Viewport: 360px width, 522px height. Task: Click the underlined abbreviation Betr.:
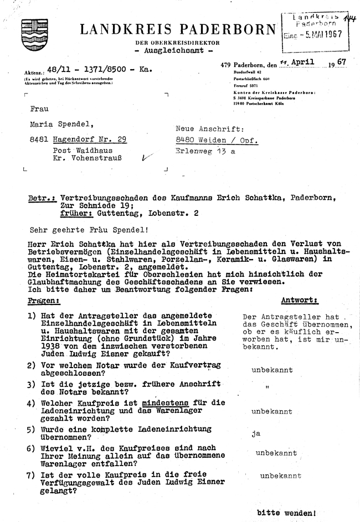click(x=42, y=197)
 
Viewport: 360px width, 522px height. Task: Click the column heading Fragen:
click(x=43, y=301)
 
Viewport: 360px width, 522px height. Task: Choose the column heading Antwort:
click(x=300, y=301)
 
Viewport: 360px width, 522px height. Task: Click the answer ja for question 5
click(x=255, y=433)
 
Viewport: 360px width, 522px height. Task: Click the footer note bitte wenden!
click(x=286, y=513)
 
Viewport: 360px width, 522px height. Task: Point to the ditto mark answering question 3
click(x=266, y=387)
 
